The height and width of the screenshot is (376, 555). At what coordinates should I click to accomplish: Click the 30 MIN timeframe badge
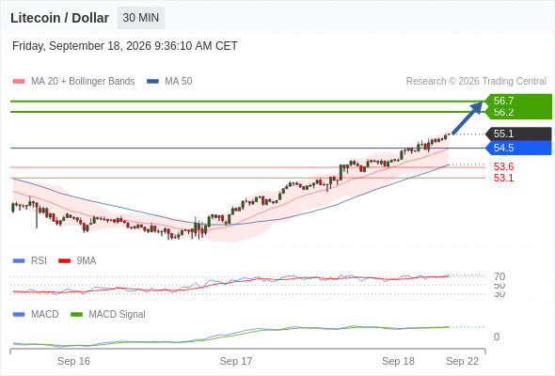tap(141, 18)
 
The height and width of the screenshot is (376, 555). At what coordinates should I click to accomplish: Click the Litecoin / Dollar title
tap(59, 18)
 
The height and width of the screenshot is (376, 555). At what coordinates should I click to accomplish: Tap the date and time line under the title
tap(124, 46)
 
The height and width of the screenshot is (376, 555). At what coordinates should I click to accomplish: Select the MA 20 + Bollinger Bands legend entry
tap(73, 82)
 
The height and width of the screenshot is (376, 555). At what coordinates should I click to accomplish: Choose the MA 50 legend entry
tap(169, 82)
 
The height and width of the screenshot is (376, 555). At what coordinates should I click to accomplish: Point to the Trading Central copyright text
tap(476, 82)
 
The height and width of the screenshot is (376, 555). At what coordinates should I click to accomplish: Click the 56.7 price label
tap(503, 101)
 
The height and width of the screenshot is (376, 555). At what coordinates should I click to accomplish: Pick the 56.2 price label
tap(503, 112)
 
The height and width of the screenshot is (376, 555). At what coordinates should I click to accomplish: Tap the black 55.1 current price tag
tap(518, 133)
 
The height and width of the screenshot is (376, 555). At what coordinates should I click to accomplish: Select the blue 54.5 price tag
tap(518, 148)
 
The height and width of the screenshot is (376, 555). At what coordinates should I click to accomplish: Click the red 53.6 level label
tap(503, 166)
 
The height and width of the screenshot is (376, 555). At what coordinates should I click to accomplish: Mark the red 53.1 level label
tap(503, 178)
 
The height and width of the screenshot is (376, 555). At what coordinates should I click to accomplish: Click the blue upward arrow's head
tap(478, 106)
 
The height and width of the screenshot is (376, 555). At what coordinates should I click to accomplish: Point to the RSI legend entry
tap(30, 260)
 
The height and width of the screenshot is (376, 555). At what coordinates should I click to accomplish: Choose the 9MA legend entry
tap(77, 260)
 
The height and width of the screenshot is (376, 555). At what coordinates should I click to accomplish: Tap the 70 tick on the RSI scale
tap(499, 276)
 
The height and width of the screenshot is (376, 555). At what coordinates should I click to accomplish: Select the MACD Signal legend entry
tap(108, 314)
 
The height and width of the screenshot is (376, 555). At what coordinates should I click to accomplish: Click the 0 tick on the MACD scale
tap(497, 337)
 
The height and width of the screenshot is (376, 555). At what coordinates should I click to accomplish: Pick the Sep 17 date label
tap(236, 361)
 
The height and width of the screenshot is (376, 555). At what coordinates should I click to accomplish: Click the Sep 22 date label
tap(462, 361)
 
